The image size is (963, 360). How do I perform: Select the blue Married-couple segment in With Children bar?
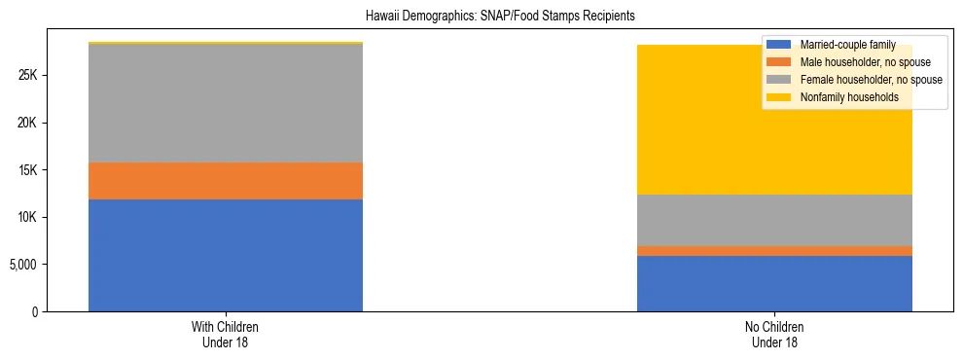(226, 255)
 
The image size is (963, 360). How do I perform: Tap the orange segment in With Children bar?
(226, 181)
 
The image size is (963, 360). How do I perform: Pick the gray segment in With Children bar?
(226, 103)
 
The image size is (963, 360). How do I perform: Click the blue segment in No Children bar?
(774, 283)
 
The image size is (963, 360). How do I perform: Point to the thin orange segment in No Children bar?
(774, 251)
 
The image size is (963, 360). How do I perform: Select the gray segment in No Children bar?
(774, 220)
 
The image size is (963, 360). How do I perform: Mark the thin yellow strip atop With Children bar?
(226, 43)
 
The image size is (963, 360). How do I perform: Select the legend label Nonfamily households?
(847, 97)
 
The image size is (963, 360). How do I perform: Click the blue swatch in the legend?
(779, 45)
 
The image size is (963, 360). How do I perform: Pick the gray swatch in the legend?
(779, 80)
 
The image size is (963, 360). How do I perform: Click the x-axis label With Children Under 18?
(226, 334)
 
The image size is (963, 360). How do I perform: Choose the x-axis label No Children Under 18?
(774, 334)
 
